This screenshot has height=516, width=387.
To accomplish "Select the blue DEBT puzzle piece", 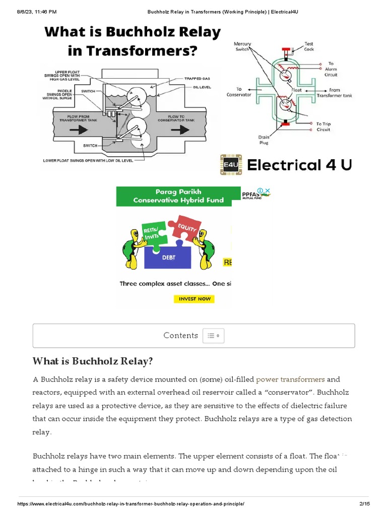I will coord(167,256).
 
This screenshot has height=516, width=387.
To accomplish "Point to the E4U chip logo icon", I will coord(231,165).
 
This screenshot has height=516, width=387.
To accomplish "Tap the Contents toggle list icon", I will coord(214,336).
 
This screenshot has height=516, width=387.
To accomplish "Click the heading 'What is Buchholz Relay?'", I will coord(92,361).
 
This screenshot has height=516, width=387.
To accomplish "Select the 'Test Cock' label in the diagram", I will coord(309,46).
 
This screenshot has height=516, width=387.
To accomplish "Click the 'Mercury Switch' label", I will coord(243,46).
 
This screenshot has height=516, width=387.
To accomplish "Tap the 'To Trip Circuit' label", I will coord(323,126).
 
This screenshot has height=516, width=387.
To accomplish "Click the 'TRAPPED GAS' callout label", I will coord(197,79).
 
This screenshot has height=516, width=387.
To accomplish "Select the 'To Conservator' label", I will coord(239,92).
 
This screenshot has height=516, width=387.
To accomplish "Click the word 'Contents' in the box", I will coord(180,336).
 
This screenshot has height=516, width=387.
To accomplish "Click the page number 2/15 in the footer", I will coord(363,504).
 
